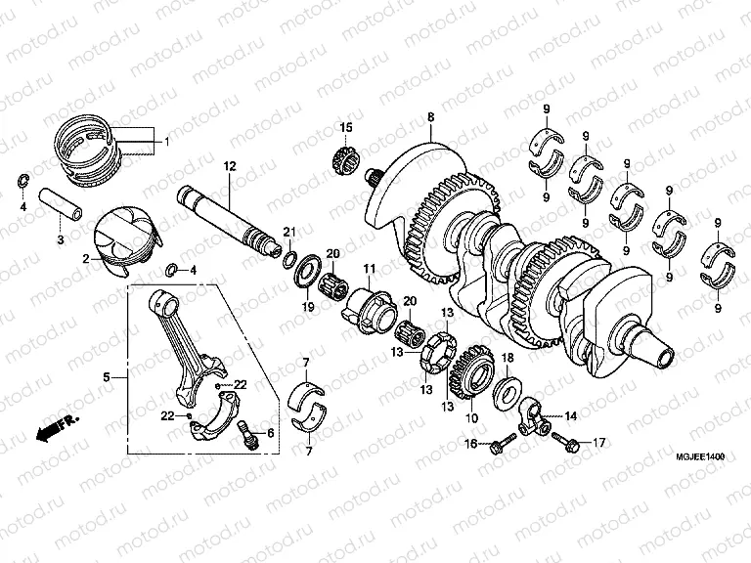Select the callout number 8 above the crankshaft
(429, 117)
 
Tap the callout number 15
(345, 128)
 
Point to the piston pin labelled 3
(62, 210)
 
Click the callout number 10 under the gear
(472, 418)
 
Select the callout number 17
(598, 443)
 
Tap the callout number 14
(571, 415)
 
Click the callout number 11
(370, 269)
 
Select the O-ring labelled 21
(288, 257)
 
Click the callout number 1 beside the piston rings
(166, 142)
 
